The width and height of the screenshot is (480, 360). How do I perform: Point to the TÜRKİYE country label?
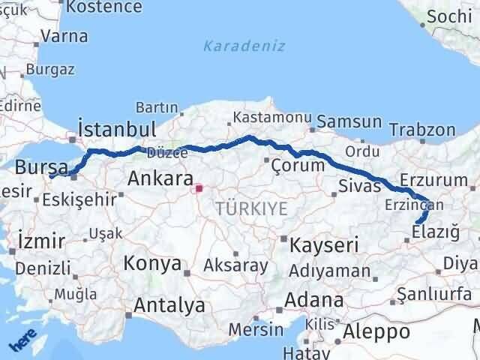click(x=251, y=208)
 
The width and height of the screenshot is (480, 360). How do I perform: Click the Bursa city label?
click(x=41, y=167)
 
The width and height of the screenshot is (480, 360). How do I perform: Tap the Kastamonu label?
click(x=261, y=118)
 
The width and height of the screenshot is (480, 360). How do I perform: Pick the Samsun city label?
click(x=349, y=122)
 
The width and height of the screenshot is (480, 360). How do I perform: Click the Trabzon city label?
click(x=422, y=129)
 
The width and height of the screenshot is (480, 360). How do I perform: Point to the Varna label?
click(x=64, y=36)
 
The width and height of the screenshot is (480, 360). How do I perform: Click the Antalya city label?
click(x=169, y=305)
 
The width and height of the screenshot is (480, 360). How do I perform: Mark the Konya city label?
click(x=153, y=264)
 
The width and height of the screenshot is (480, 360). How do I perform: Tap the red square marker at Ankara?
click(x=199, y=189)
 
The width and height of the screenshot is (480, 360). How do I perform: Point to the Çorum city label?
click(x=298, y=165)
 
